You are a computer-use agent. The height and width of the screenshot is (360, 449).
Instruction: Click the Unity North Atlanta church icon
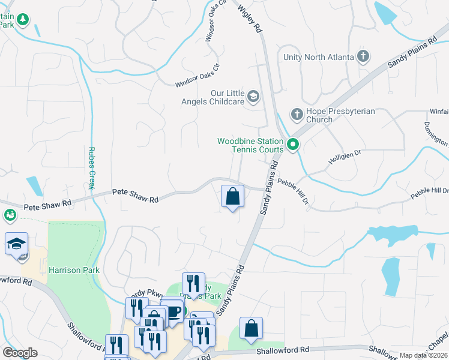(363, 57)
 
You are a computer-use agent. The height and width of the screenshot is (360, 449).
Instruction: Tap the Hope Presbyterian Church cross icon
(296, 113)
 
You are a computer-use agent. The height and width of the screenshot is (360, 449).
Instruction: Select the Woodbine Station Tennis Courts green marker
(293, 144)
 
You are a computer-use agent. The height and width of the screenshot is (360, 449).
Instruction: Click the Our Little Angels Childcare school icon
(253, 96)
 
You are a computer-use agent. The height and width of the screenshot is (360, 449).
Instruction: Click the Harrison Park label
(74, 270)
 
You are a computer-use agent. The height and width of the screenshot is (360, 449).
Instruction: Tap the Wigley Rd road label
(250, 20)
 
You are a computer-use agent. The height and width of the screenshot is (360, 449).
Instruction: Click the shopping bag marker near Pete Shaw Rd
(232, 197)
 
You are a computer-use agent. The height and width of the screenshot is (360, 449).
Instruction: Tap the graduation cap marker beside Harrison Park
(16, 244)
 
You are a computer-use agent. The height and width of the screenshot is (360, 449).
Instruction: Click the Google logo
(19, 353)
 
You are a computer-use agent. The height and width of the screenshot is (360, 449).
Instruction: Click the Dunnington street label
(436, 133)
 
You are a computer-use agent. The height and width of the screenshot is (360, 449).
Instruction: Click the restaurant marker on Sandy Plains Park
(193, 283)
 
